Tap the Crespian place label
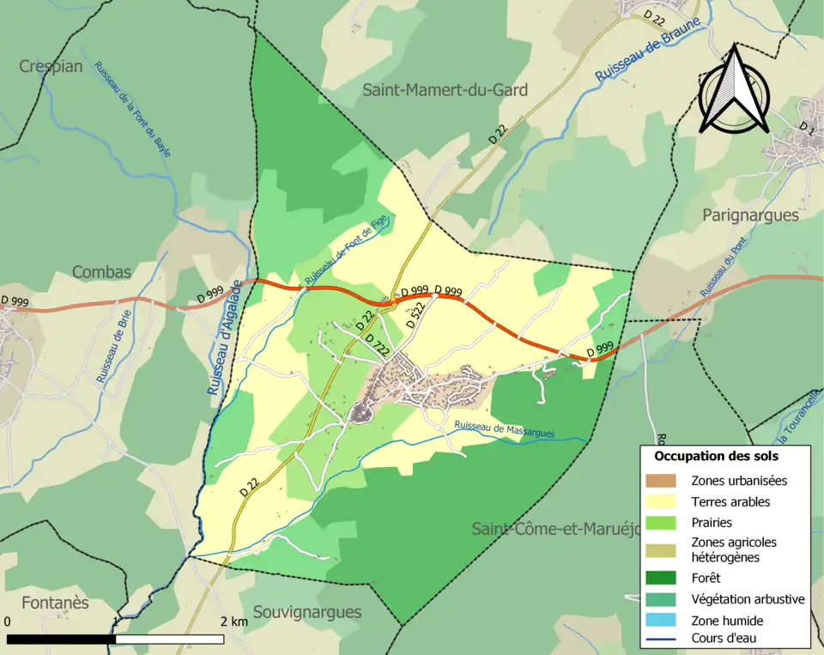point(51,67)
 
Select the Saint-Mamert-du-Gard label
point(445,90)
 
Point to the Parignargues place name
point(750,215)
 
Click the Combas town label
point(101,272)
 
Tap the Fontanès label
point(56,603)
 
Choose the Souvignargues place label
point(306,612)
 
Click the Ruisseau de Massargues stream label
point(505,429)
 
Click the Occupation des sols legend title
point(716,457)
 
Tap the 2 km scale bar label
point(233,620)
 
